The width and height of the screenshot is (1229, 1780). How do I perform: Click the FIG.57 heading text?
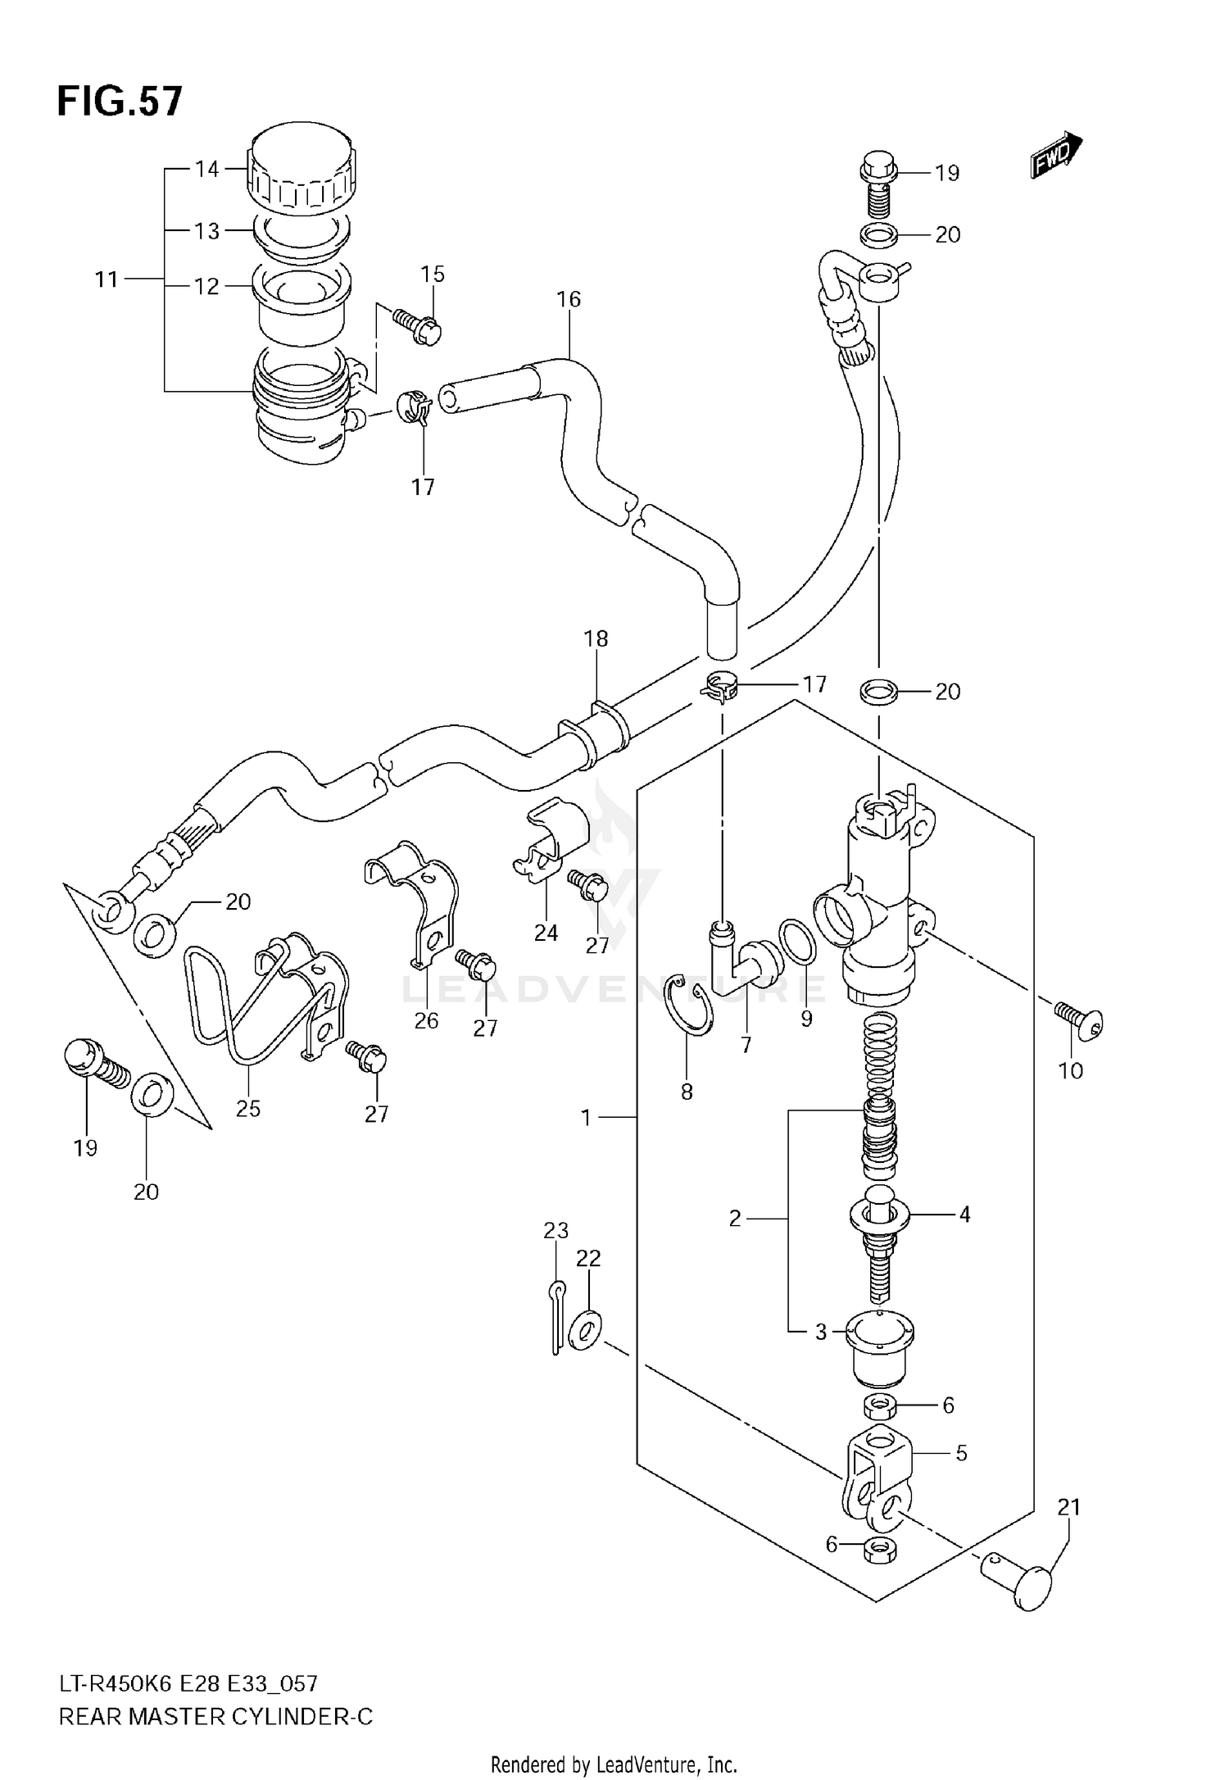pyautogui.click(x=120, y=102)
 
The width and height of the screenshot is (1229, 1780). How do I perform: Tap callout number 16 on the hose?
pyautogui.click(x=568, y=299)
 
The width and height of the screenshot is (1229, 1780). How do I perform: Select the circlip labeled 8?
pyautogui.click(x=689, y=1005)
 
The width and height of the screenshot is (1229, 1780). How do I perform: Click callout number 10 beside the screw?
pyautogui.click(x=1071, y=1070)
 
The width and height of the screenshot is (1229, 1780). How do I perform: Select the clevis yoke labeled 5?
pyautogui.click(x=875, y=1482)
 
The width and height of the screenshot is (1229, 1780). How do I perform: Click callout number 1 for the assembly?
pyautogui.click(x=586, y=1117)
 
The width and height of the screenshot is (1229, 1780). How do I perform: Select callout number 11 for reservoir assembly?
pyautogui.click(x=107, y=279)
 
